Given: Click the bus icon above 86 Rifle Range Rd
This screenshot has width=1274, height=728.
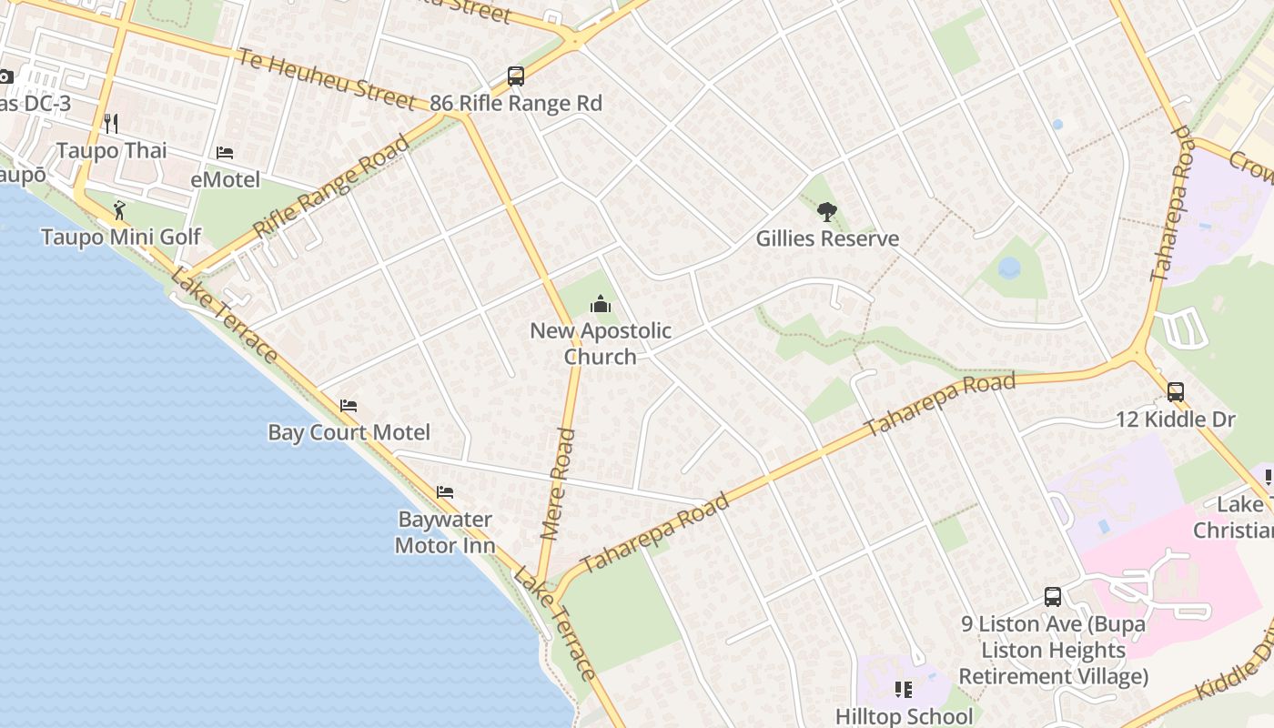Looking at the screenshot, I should point(516,76).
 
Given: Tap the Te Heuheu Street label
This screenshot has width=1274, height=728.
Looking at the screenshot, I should point(326,78).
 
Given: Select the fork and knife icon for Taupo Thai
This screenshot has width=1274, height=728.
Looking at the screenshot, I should point(111,123).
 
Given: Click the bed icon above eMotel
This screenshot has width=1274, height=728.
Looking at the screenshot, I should point(225,153).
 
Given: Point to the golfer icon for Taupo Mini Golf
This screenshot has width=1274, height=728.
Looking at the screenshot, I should point(120,211).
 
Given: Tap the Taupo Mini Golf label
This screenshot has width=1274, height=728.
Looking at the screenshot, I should point(121,238).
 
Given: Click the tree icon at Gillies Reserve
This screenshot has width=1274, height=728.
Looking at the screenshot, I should point(826,213).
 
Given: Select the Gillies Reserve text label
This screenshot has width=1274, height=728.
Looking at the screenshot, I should point(827,239).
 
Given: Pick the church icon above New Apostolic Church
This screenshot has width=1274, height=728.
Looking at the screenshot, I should point(600,304).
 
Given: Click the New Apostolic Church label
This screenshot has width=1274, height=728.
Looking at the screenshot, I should point(601,343).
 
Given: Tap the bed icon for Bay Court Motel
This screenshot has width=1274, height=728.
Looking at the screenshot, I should point(349,406).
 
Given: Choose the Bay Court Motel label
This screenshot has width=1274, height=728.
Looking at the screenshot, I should point(349,432).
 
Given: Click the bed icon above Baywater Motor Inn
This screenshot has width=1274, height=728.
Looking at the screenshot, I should point(445,492).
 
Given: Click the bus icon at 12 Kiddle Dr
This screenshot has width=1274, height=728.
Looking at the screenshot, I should point(1176,393).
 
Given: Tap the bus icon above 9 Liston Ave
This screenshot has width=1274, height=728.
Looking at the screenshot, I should point(1053,598).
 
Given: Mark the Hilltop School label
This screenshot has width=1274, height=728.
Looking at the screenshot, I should point(904,716).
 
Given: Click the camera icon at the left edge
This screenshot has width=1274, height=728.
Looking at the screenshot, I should point(5,77).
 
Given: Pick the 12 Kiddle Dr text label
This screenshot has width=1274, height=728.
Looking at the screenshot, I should point(1176,420).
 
